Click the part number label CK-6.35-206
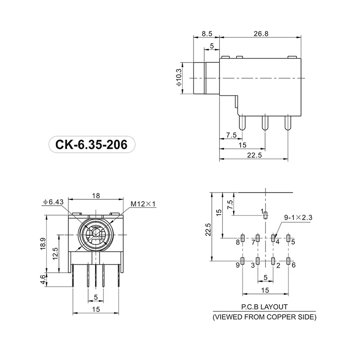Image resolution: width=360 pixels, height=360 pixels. click(x=91, y=145)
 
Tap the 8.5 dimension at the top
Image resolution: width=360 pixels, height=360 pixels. click(x=207, y=33)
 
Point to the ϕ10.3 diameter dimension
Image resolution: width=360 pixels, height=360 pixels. click(x=179, y=77)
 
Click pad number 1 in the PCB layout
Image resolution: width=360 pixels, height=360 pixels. click(x=265, y=215)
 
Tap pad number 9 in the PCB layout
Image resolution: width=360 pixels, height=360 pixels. click(x=243, y=261)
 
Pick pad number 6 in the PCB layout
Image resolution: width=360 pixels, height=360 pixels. click(x=288, y=261)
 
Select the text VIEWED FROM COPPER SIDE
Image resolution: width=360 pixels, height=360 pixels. click(x=264, y=317)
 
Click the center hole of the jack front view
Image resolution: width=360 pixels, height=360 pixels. click(x=95, y=234)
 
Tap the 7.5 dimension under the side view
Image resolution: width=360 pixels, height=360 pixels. click(x=231, y=135)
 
